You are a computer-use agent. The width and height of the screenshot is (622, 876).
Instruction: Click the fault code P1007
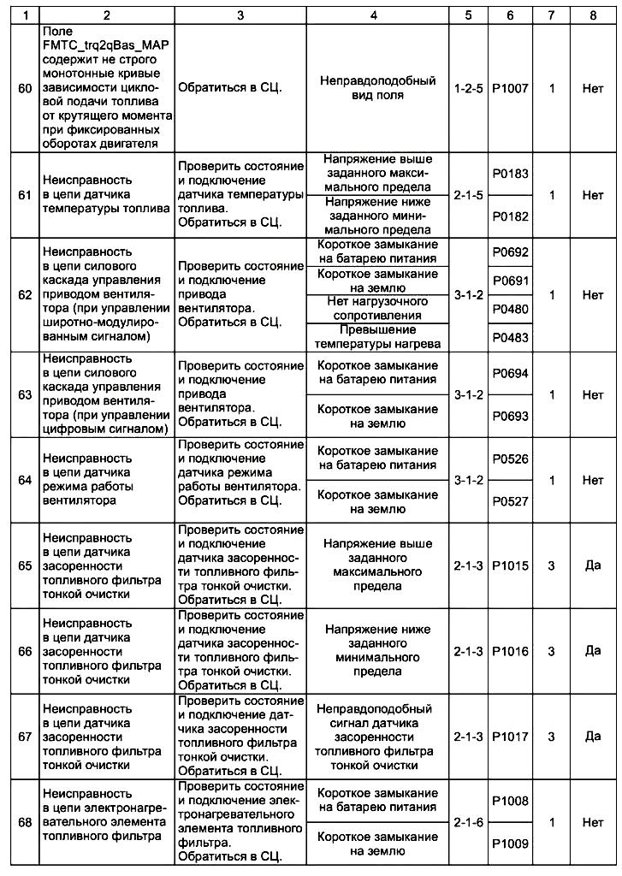coord(510,88)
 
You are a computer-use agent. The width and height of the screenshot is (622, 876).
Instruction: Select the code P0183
coord(510,174)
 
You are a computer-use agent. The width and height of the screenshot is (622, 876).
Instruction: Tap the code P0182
coord(510,216)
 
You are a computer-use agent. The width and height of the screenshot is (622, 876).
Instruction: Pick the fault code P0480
coord(510,309)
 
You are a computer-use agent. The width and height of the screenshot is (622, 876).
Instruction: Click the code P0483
coord(510,337)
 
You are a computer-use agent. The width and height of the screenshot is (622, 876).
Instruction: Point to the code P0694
coord(510,373)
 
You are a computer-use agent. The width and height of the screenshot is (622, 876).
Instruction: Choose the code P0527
coord(510,502)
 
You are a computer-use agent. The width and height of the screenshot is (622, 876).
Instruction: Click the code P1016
coord(510,651)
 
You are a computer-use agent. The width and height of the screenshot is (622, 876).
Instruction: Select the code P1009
coord(510,843)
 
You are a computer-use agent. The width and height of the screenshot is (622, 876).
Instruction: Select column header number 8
coord(593,15)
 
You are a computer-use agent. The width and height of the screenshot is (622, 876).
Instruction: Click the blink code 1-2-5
coord(469,88)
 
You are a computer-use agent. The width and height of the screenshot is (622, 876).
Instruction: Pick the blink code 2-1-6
coord(469,822)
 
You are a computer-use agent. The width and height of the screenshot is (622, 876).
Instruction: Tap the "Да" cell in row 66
coord(593,651)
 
